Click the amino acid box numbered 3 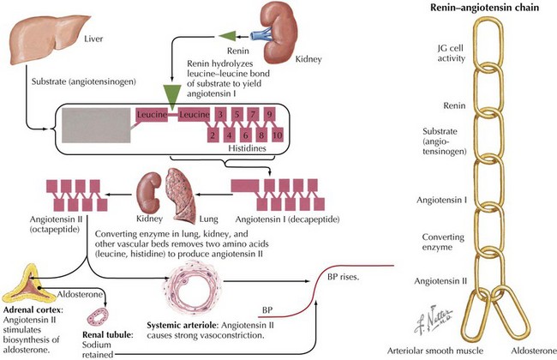(x=221, y=114)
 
